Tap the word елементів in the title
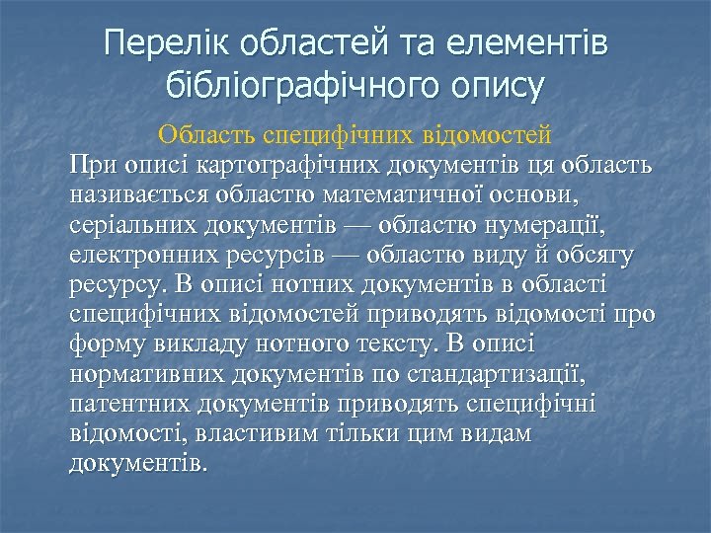coord(528,44)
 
